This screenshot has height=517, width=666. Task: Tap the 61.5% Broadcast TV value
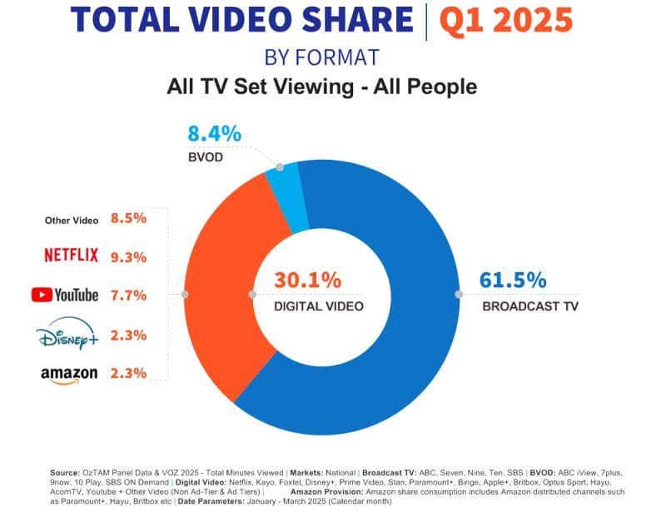pyautogui.click(x=513, y=281)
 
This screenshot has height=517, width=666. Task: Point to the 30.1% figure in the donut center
pyautogui.click(x=307, y=281)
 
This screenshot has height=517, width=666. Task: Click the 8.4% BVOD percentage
pyautogui.click(x=215, y=134)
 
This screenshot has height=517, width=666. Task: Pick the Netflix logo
pyautogui.click(x=72, y=255)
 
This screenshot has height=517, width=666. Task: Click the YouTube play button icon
pyautogui.click(x=42, y=295)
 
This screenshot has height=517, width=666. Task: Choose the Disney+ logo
pyautogui.click(x=67, y=334)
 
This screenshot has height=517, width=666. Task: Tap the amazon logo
pyautogui.click(x=69, y=375)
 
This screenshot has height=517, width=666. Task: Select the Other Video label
pyautogui.click(x=72, y=221)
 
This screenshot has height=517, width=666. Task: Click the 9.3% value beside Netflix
pyautogui.click(x=129, y=257)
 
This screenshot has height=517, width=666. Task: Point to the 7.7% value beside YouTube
pyautogui.click(x=129, y=295)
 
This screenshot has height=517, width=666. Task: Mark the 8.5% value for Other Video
pyautogui.click(x=129, y=218)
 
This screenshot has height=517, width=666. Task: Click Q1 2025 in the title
pyautogui.click(x=506, y=20)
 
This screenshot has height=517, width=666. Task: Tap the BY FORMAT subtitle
pyautogui.click(x=321, y=57)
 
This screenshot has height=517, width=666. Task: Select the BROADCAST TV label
pyautogui.click(x=530, y=306)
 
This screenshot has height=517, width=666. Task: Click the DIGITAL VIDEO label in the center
pyautogui.click(x=319, y=306)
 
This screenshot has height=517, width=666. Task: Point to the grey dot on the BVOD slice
pyautogui.click(x=280, y=167)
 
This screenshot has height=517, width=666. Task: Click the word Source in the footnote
pyautogui.click(x=65, y=473)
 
